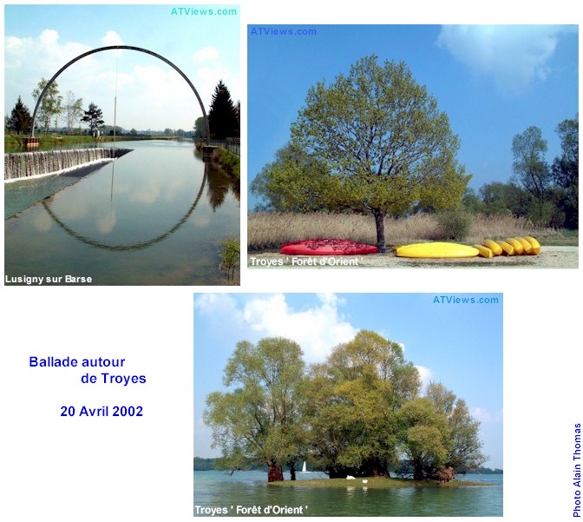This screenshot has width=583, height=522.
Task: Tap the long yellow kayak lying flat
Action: pos(436,250)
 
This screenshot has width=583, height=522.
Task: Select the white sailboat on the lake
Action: pos(304,467)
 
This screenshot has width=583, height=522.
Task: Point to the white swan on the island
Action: pos(350,478)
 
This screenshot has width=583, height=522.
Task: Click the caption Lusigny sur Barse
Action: pos(49,279)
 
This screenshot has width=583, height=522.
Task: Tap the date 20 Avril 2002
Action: pos(102,412)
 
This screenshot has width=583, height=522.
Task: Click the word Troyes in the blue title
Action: pos(124,379)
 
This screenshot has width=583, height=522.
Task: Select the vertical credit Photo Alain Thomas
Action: pos(577,470)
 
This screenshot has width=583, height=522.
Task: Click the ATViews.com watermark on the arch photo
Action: pos(204,11)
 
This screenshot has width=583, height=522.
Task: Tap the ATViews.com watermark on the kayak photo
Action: pos(284,31)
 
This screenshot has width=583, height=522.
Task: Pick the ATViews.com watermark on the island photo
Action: pos(466,300)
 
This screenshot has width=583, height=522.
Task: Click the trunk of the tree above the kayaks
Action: pos(380,231)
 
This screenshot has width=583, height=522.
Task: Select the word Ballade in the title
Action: pos(53,362)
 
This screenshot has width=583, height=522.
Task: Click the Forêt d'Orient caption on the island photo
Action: pos(272,510)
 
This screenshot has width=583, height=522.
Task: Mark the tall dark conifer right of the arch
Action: pos(222,111)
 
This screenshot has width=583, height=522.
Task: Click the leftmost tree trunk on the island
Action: pos(275,471)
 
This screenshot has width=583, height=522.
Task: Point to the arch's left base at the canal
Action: pos(31,141)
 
